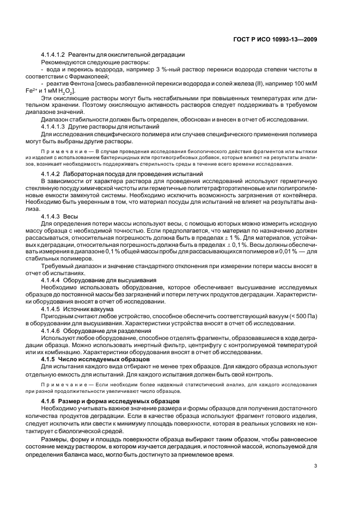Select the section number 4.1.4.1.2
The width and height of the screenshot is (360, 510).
click(x=53, y=54)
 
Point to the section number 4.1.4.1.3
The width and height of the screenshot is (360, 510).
click(x=53, y=126)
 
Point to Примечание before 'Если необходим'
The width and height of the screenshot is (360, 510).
click(x=60, y=385)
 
